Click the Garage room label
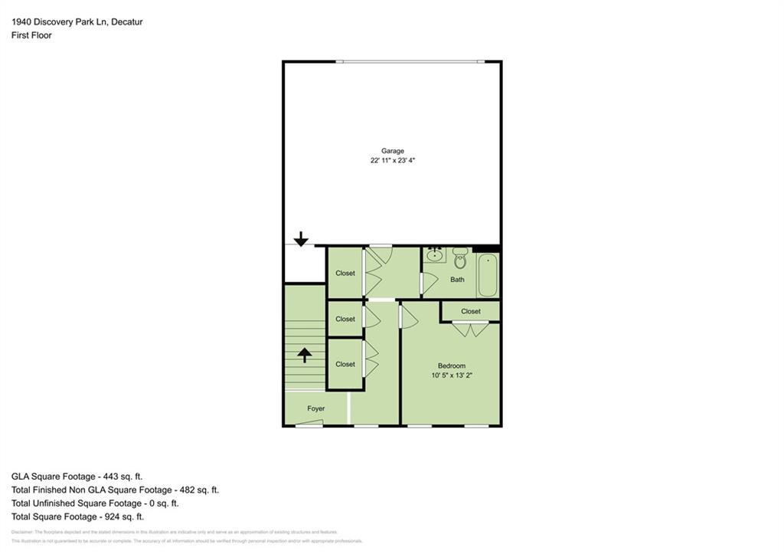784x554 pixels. [x=393, y=151]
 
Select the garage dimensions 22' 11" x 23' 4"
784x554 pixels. [x=393, y=161]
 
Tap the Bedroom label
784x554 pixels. [x=451, y=366]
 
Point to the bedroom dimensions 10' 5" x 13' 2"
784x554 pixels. [x=451, y=375]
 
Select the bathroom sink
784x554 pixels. [x=435, y=254]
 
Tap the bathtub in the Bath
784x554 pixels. [x=488, y=276]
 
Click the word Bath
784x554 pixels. [x=457, y=280]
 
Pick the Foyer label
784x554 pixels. [x=316, y=408]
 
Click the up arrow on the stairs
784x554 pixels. [x=305, y=355]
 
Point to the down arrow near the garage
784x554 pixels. [x=301, y=239]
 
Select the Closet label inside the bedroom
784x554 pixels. [x=471, y=311]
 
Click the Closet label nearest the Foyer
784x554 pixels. [x=345, y=364]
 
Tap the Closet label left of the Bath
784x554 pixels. [x=345, y=273]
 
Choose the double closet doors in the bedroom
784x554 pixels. [x=470, y=329]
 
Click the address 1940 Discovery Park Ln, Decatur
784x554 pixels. [x=77, y=22]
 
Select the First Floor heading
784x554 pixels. [x=32, y=35]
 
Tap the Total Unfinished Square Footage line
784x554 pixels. [x=95, y=503]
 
